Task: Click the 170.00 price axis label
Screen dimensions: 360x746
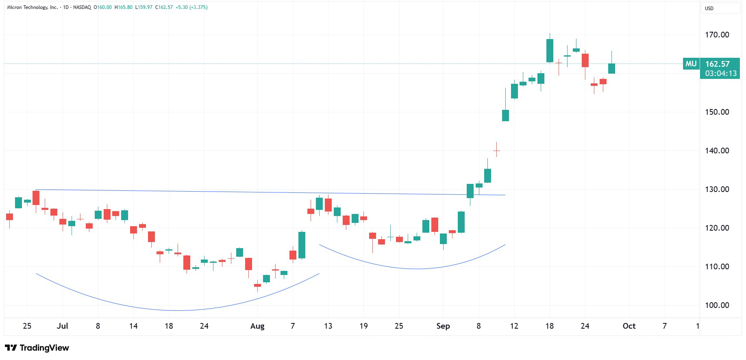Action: (x=717, y=35)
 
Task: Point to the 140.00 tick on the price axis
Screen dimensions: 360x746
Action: (x=717, y=151)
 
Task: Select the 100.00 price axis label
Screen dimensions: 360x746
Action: (x=717, y=305)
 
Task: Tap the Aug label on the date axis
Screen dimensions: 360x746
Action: (x=257, y=326)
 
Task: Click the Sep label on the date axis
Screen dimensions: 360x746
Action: (x=443, y=326)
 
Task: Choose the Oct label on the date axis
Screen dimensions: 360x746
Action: (x=629, y=326)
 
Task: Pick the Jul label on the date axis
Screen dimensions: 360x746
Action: (x=63, y=326)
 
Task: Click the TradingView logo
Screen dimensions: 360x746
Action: (x=37, y=348)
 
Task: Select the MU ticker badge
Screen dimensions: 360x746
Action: (x=691, y=64)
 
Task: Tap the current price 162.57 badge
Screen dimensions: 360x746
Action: (x=718, y=64)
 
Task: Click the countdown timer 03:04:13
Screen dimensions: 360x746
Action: (x=720, y=74)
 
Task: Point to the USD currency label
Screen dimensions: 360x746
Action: (x=709, y=8)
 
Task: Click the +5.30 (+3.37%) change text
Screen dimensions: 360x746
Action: (x=191, y=7)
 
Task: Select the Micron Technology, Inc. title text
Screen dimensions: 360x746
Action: (x=33, y=7)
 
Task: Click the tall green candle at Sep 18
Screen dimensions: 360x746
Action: (x=550, y=50)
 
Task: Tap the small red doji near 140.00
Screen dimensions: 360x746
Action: (x=496, y=151)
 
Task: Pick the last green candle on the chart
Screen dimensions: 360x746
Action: (x=611, y=68)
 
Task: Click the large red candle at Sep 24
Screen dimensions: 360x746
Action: (x=585, y=60)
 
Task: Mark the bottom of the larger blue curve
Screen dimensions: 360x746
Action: (x=178, y=310)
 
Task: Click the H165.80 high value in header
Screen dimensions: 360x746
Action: (x=124, y=7)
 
